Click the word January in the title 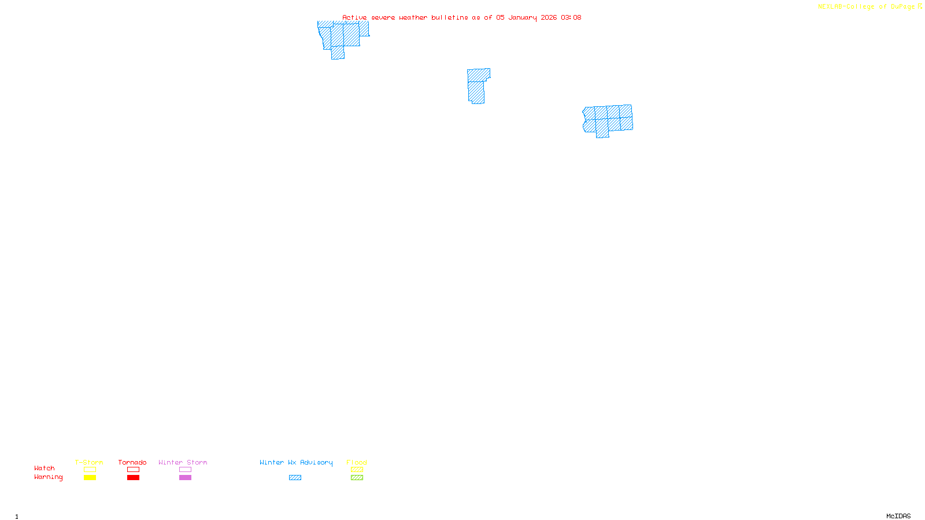[x=522, y=18]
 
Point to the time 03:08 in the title [x=571, y=18]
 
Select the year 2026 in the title [x=549, y=18]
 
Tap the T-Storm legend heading [x=89, y=462]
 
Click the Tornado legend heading [x=132, y=462]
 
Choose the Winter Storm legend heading [x=183, y=462]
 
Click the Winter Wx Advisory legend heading [x=296, y=462]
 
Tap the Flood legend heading [x=357, y=462]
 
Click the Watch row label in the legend [x=45, y=469]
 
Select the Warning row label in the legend [x=49, y=477]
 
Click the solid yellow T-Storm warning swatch [x=90, y=478]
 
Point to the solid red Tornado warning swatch [x=133, y=478]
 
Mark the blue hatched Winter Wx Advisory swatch [x=295, y=478]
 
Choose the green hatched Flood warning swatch [x=357, y=478]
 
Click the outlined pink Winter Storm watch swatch [x=185, y=470]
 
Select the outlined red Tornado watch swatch [x=133, y=470]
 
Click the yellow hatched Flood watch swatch [x=357, y=470]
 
